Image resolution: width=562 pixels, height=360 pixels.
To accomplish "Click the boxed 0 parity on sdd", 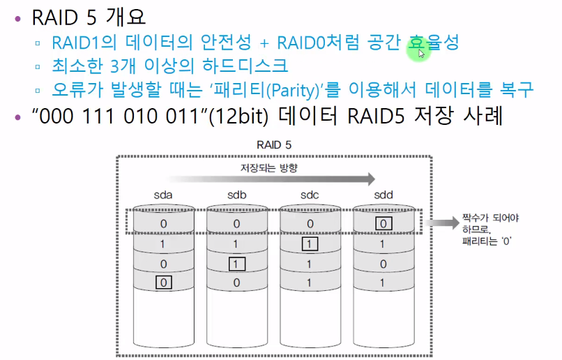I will tap(383, 224).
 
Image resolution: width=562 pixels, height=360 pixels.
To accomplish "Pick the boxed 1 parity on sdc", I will tap(310, 244).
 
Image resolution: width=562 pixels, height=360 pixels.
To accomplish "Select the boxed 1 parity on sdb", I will tap(236, 264).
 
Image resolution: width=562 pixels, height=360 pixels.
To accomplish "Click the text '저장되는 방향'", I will tap(268, 167).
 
